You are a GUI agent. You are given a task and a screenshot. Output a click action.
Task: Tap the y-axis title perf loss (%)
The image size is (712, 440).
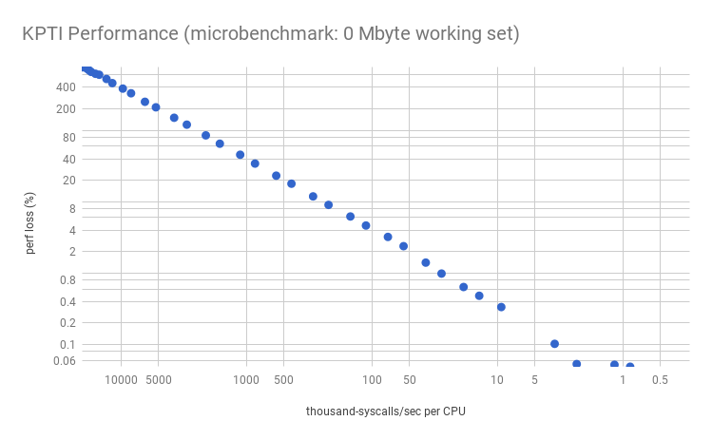coord(30,223)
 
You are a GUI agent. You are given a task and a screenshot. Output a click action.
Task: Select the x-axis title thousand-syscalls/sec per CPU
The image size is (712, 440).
coord(386,411)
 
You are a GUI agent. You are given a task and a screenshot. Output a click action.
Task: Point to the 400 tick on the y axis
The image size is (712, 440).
coord(65,86)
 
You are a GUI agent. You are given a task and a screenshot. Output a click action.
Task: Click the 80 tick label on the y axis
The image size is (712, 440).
coord(67,137)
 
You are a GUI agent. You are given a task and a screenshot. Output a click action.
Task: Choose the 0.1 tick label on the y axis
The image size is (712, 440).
coord(66,344)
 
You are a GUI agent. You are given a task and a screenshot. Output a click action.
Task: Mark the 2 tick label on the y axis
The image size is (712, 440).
coord(70,252)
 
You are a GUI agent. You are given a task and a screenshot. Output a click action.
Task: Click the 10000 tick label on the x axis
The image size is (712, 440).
coord(121,380)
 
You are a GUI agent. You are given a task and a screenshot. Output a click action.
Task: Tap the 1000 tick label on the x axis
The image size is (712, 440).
coord(246,380)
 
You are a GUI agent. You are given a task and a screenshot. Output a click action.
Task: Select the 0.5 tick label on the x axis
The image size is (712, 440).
coord(660,380)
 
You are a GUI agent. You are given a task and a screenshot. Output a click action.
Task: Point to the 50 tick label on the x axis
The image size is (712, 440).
coord(409,380)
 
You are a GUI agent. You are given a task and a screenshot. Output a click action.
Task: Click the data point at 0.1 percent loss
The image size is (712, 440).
coord(554,344)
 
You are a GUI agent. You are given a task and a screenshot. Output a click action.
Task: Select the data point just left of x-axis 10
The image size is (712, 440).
coord(501,307)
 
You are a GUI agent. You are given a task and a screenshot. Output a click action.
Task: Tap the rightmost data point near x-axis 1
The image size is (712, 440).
coord(629,366)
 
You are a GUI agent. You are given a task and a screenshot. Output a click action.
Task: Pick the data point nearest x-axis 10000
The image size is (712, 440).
coord(123,88)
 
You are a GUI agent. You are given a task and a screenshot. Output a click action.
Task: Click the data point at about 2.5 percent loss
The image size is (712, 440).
coord(403,246)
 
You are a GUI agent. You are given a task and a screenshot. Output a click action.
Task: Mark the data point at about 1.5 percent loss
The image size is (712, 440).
coord(426,262)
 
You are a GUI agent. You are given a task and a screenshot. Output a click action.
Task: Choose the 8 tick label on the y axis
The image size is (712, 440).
coord(70,208)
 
